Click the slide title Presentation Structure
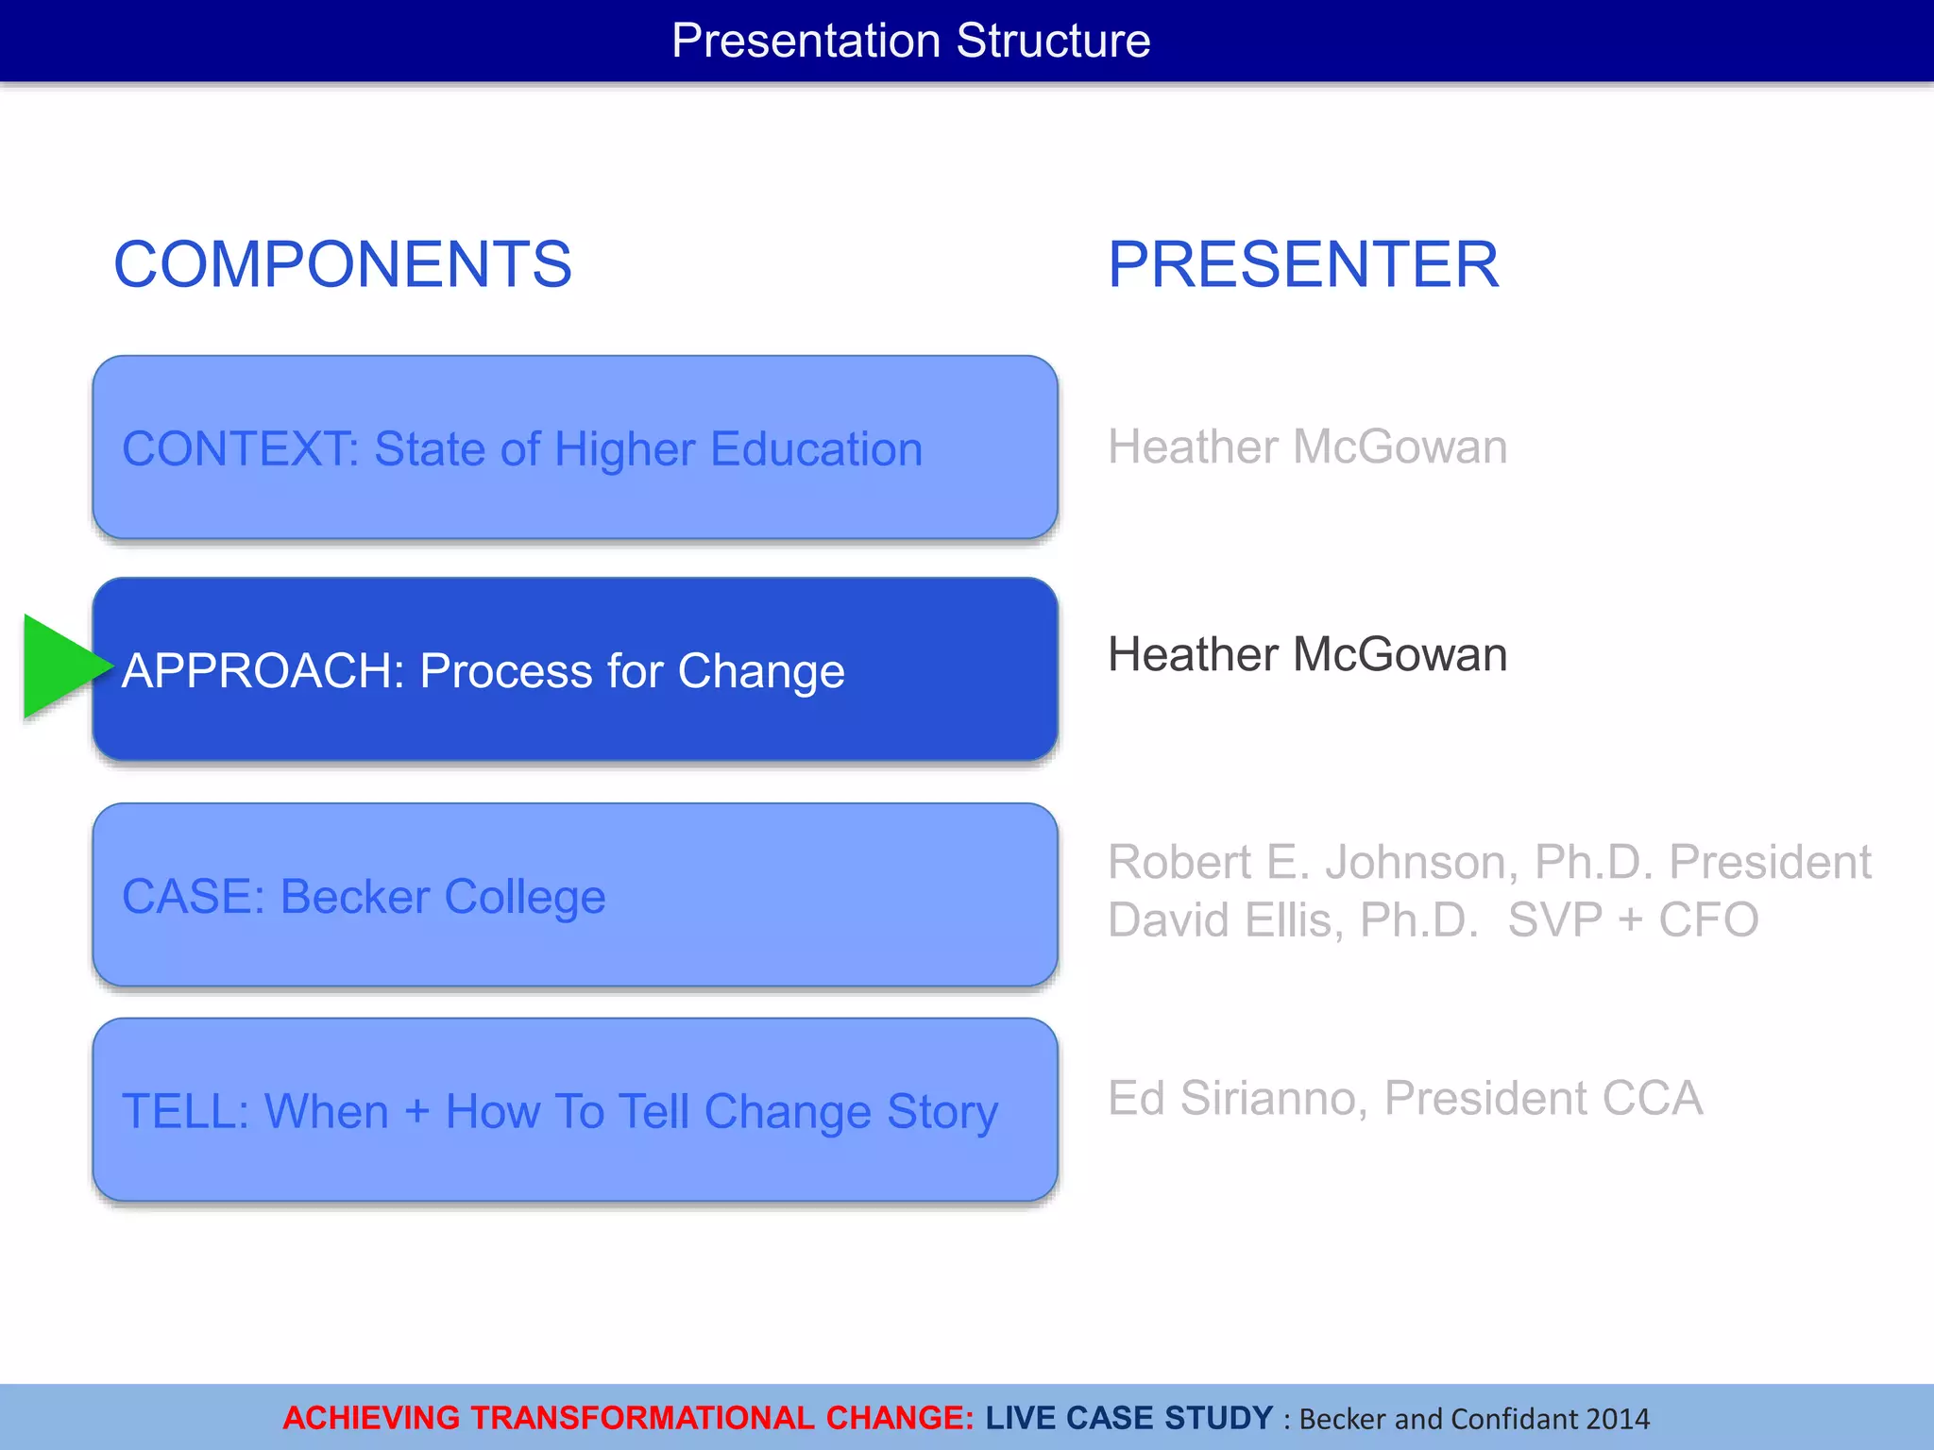click(910, 41)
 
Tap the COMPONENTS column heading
click(342, 264)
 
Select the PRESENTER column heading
click(1302, 264)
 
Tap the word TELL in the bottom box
click(183, 1112)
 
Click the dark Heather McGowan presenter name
click(1307, 655)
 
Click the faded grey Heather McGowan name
click(1307, 447)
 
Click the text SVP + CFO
click(1633, 920)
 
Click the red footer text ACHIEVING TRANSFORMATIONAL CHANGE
click(628, 1418)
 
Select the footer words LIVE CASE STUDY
click(1129, 1418)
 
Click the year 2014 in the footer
click(1618, 1419)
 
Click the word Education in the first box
click(816, 449)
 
